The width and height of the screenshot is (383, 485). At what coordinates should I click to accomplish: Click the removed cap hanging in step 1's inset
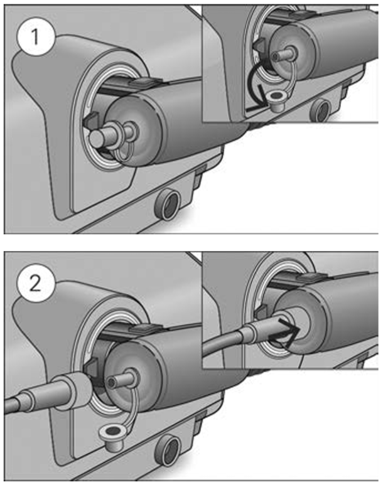click(274, 97)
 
